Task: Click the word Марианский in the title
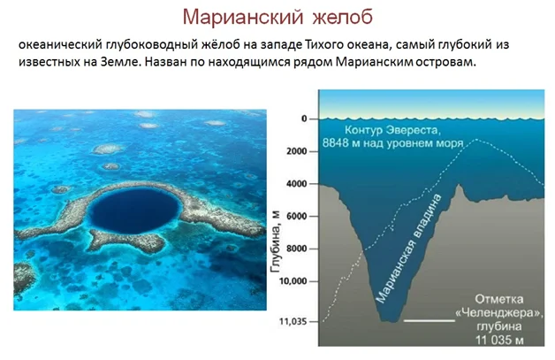click(x=243, y=17)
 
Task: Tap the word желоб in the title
click(x=342, y=16)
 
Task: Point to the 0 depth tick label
click(x=304, y=119)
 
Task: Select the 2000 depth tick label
click(x=297, y=151)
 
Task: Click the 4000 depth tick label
click(x=297, y=184)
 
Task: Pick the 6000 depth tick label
click(x=297, y=216)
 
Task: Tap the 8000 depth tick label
click(x=297, y=249)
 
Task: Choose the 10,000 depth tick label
click(x=293, y=281)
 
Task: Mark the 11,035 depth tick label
click(x=293, y=322)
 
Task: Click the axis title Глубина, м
click(x=275, y=242)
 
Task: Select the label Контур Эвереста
click(x=392, y=130)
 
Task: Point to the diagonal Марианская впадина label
click(x=408, y=249)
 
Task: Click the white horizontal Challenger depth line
click(x=430, y=321)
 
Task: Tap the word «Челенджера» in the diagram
click(x=500, y=313)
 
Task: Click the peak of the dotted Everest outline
click(x=476, y=139)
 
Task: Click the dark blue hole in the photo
click(x=133, y=211)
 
